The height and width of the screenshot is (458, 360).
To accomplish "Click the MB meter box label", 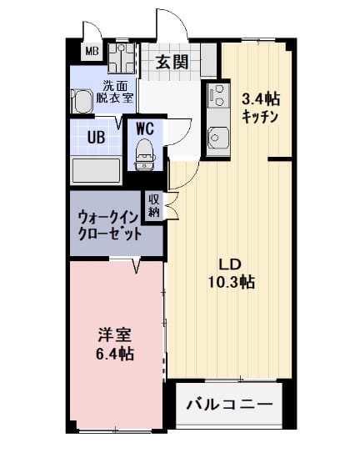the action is point(92,52).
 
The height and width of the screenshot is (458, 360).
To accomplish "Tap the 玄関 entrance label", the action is point(172,62).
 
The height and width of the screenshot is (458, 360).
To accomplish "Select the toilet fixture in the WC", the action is point(144,154).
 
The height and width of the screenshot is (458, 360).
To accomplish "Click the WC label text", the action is point(145,128).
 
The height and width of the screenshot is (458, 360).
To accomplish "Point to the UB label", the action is point(96,138).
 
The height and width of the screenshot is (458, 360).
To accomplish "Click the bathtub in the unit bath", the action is point(97,170).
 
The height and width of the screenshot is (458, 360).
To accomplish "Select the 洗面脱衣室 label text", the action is point(115,92).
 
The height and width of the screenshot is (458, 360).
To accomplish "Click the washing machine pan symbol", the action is point(122,58).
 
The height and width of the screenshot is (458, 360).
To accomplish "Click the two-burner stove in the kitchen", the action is point(218,95).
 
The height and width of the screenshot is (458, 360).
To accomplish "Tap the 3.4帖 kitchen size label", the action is point(261,99).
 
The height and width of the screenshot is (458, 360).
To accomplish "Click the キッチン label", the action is point(260,117).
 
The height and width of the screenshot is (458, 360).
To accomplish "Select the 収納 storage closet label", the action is point(153,205).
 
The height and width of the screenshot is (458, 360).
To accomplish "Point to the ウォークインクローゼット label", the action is point(108,226).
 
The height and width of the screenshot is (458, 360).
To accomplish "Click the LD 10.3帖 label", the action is point(231,274).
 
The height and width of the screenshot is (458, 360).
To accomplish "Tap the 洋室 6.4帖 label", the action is point(115,345).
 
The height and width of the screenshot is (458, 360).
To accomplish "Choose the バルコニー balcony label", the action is point(230,405).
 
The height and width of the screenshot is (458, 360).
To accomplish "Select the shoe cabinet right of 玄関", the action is point(209,60).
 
